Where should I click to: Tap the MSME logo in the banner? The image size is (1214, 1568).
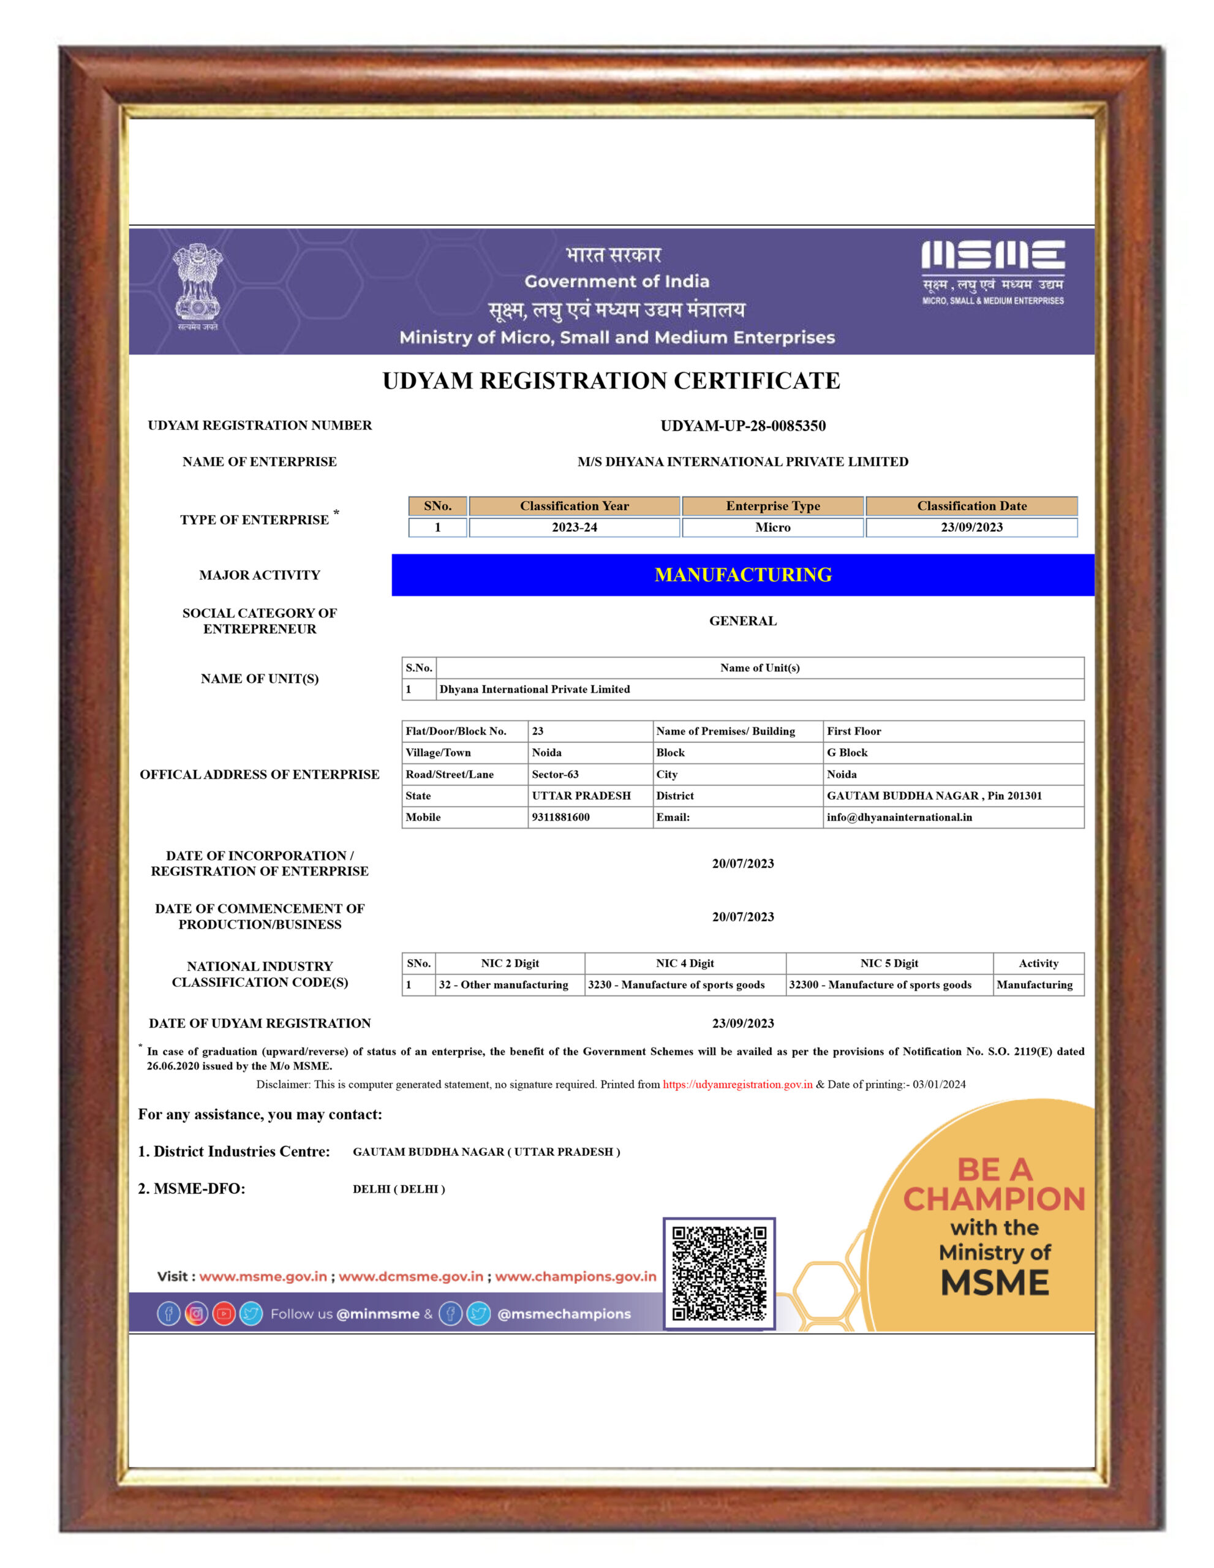pos(993,271)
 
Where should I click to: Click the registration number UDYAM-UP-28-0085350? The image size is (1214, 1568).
pos(743,426)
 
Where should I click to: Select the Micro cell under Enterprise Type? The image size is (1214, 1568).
pos(772,527)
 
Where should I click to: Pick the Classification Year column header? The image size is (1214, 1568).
pos(575,506)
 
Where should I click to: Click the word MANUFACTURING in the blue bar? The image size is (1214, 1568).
pos(743,575)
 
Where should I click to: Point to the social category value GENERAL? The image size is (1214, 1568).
pos(743,621)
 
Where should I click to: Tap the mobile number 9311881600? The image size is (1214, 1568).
pos(560,817)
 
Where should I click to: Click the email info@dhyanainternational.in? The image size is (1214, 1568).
pos(899,817)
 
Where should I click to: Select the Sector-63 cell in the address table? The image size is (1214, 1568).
pos(555,774)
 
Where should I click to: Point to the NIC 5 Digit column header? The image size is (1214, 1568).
pos(889,963)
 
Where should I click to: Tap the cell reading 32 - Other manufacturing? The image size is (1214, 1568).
pos(503,985)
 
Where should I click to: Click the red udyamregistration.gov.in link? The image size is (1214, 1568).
pos(737,1084)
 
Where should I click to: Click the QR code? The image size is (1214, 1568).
pos(718,1273)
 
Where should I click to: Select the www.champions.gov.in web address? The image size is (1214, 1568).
pos(576,1276)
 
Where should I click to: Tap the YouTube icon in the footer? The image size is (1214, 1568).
pos(224,1314)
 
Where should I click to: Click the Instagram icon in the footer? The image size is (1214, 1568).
pos(196,1314)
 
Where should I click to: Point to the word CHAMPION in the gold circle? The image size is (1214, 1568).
pos(993,1200)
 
